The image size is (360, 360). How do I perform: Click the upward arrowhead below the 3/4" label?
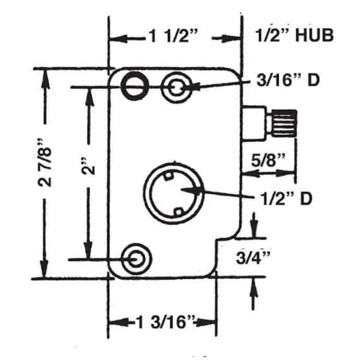[x=253, y=286]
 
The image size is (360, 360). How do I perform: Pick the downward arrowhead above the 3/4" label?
[x=253, y=232]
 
